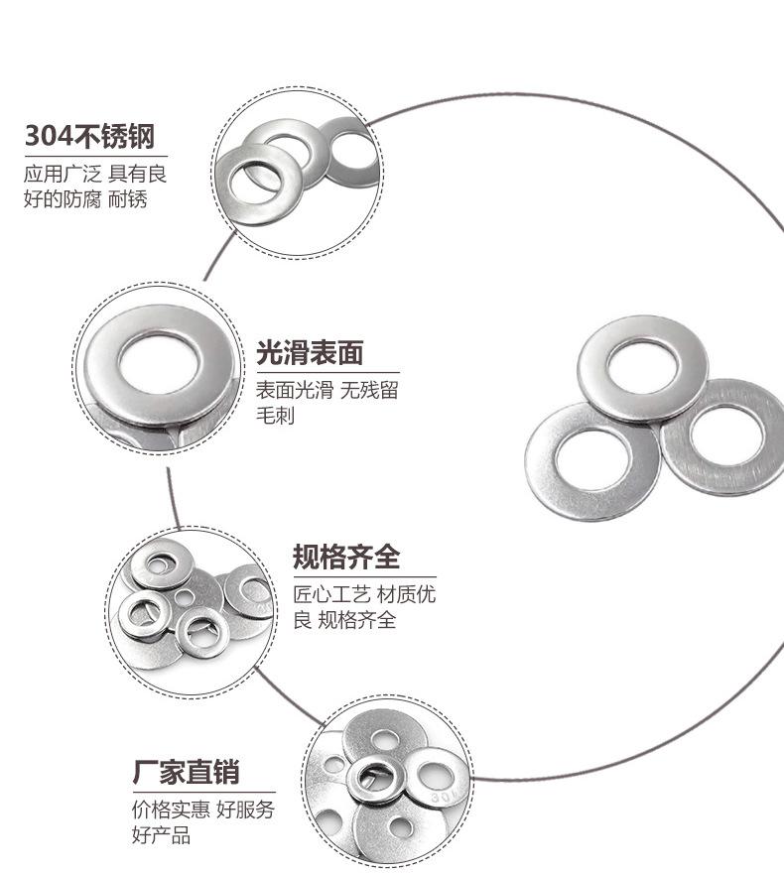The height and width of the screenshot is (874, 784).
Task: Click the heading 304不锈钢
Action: pyautogui.click(x=89, y=136)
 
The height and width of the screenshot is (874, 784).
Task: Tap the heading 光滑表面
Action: pyautogui.click(x=310, y=352)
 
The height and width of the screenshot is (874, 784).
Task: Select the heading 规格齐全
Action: pyautogui.click(x=346, y=557)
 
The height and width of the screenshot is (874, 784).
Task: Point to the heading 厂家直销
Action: pyautogui.click(x=187, y=773)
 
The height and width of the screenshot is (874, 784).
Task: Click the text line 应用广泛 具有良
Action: pyautogui.click(x=95, y=174)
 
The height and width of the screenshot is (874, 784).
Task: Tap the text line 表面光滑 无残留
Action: pyautogui.click(x=327, y=390)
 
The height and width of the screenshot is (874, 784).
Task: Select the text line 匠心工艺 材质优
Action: pyautogui.click(x=364, y=594)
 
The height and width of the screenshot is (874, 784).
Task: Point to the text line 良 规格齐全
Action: pyautogui.click(x=344, y=621)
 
